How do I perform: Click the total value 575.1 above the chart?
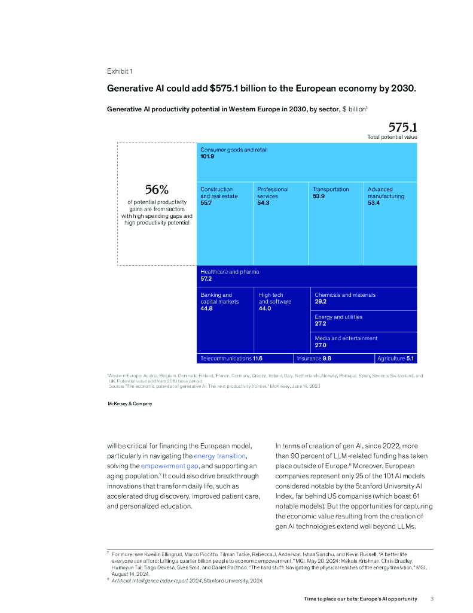[402, 127]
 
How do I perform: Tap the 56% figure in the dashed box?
[157, 190]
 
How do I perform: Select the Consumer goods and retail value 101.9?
[207, 157]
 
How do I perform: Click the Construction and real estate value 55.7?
[207, 203]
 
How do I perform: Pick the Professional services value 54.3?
[264, 203]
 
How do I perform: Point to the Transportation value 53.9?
[319, 196]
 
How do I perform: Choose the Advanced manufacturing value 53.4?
[374, 203]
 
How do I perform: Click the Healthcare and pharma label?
[230, 272]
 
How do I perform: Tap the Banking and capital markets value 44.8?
[207, 308]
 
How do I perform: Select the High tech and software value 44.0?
[265, 308]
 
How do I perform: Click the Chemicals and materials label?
[345, 295]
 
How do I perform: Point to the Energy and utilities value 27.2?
[321, 324]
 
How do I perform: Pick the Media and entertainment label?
[346, 338]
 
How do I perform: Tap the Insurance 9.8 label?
[314, 358]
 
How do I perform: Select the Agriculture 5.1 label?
[395, 358]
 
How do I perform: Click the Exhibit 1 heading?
[120, 71]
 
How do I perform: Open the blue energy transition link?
[219, 456]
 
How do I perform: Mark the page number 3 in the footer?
[432, 599]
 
